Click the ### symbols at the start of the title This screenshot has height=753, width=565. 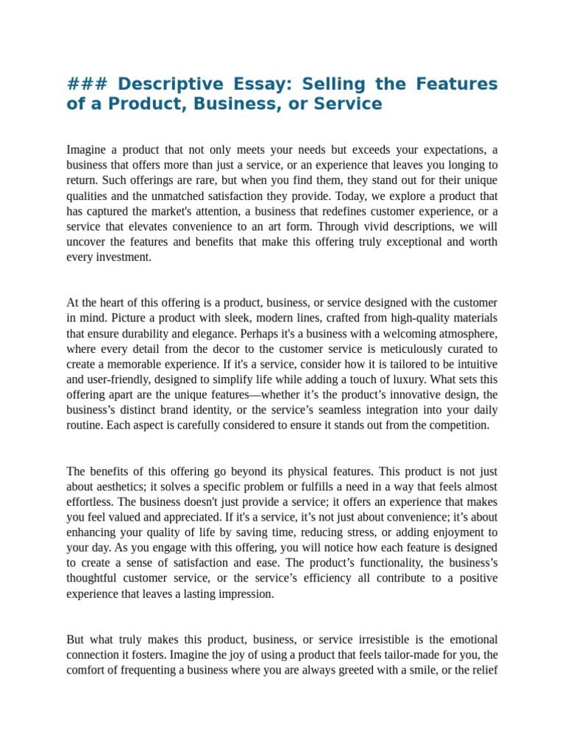tap(87, 84)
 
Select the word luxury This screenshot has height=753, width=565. tap(399, 379)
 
